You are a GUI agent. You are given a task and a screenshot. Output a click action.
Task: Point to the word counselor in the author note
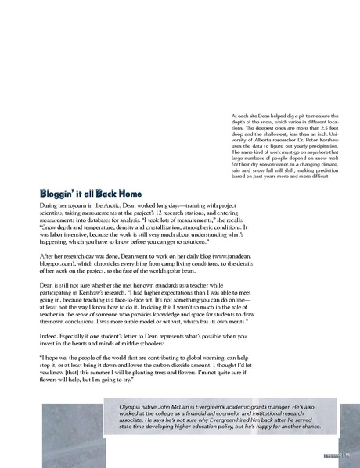click(225, 416)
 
